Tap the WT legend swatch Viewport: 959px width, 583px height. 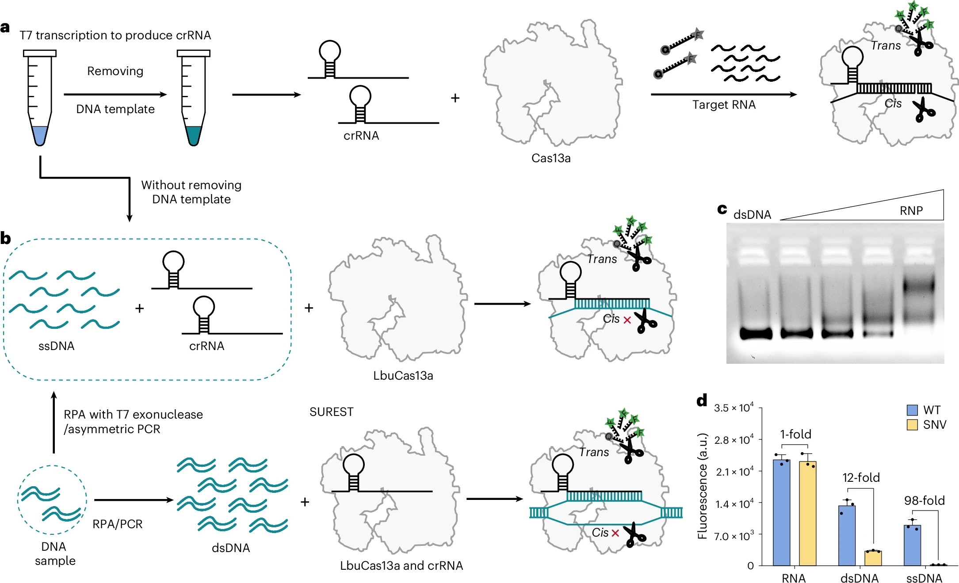point(912,410)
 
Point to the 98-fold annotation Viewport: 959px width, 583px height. point(924,501)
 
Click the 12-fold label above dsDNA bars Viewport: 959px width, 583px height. point(861,478)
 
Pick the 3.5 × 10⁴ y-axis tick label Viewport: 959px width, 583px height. point(734,408)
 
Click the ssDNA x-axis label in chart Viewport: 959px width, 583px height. point(924,578)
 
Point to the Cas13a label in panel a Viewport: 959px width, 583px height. point(551,158)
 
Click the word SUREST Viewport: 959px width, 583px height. point(332,412)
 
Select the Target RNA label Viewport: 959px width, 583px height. point(724,105)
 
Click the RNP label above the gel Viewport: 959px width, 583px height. point(911,211)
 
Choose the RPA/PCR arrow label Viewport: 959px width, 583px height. point(118,524)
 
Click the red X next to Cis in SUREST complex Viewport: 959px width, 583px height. point(615,533)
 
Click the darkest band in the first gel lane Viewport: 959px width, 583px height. point(756,333)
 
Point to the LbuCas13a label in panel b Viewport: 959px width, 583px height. point(403,376)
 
